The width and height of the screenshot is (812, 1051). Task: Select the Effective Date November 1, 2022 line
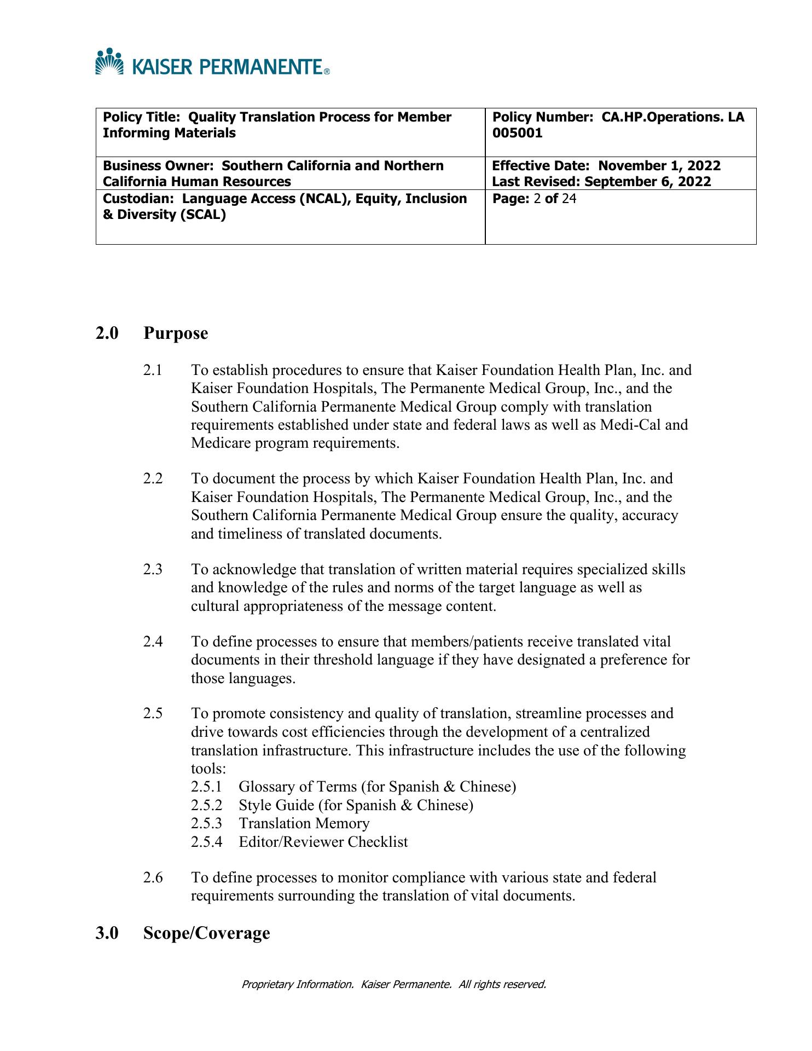(x=606, y=166)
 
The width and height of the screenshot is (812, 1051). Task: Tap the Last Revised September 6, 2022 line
(x=601, y=182)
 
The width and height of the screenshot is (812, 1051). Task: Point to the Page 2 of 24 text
(x=534, y=199)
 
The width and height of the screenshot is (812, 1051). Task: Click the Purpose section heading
(x=176, y=333)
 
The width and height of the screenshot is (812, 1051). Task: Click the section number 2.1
(x=153, y=371)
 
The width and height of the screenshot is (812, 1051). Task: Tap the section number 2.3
(x=153, y=570)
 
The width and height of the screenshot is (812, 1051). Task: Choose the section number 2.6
(x=153, y=878)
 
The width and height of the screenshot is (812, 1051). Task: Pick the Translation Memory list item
(x=304, y=823)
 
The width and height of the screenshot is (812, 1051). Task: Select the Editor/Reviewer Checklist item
(x=323, y=842)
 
